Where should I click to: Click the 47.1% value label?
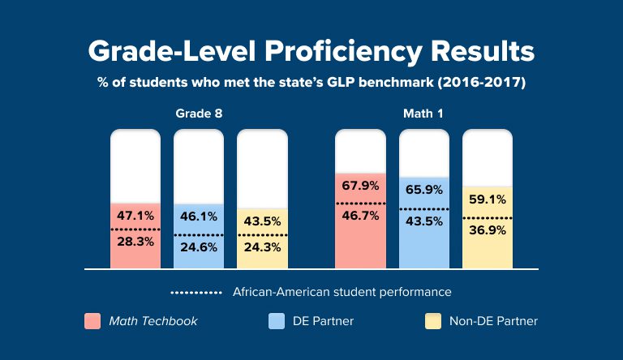coord(135,216)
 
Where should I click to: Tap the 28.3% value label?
coord(135,242)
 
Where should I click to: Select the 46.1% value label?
coord(199,216)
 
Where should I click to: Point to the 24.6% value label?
coord(199,247)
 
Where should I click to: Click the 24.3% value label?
coord(262,247)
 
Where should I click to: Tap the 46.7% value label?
coord(361,216)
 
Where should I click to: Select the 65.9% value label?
coord(424,191)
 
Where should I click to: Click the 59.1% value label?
coord(488,199)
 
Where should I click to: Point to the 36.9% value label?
coord(488,230)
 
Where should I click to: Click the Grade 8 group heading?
coord(199,114)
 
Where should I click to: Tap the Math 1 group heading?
coord(423,114)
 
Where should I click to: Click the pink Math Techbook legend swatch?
coord(92,321)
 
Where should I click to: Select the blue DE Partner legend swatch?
coord(276,321)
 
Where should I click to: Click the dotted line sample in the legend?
coord(195,291)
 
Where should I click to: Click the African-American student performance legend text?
coord(342,291)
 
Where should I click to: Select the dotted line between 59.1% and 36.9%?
coord(488,218)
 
